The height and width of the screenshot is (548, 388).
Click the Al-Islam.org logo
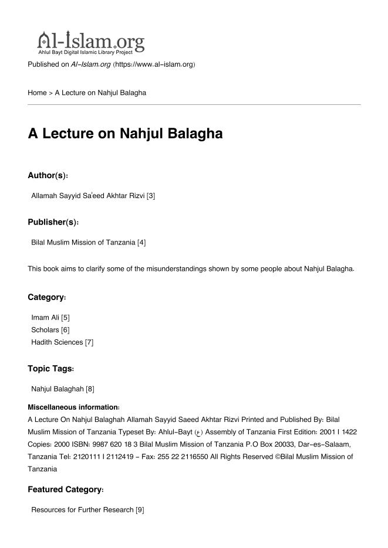[x=91, y=42]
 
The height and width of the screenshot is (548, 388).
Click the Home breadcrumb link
[x=37, y=93]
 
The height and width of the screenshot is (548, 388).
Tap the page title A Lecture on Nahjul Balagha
[x=125, y=134]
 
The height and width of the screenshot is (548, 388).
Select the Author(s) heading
[x=48, y=175]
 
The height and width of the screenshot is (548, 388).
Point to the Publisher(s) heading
[x=53, y=222]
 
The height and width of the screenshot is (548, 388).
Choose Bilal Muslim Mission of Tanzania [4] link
[x=88, y=243]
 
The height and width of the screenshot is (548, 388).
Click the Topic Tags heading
[x=51, y=369]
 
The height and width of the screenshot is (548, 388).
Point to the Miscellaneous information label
[x=73, y=407]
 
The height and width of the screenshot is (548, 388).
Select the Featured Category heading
[x=66, y=489]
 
